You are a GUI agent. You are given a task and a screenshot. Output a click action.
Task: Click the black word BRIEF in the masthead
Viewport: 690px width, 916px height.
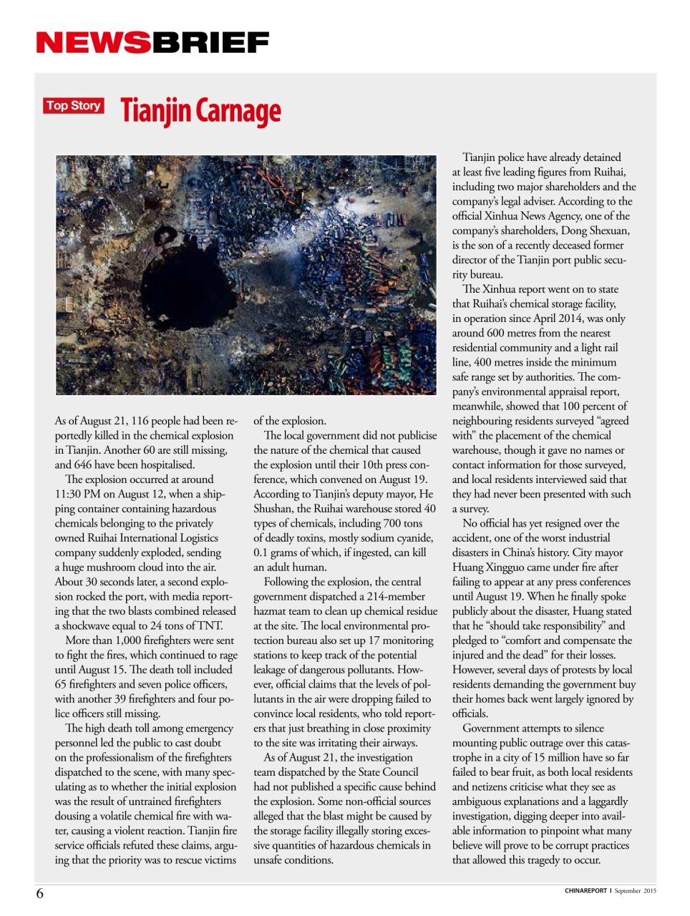(x=210, y=43)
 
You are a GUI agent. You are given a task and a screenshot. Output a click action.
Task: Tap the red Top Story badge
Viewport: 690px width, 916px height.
(x=74, y=106)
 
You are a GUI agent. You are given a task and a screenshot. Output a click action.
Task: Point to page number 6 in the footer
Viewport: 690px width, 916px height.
(x=40, y=893)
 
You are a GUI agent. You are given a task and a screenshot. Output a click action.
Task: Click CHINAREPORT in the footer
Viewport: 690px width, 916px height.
(x=585, y=891)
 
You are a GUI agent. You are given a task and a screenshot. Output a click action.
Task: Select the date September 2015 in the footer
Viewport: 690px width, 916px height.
(x=635, y=891)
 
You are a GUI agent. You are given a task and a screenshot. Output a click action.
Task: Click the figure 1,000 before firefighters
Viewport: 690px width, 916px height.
(x=125, y=640)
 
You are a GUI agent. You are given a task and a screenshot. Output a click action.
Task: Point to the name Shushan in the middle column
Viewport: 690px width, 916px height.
(x=273, y=508)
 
